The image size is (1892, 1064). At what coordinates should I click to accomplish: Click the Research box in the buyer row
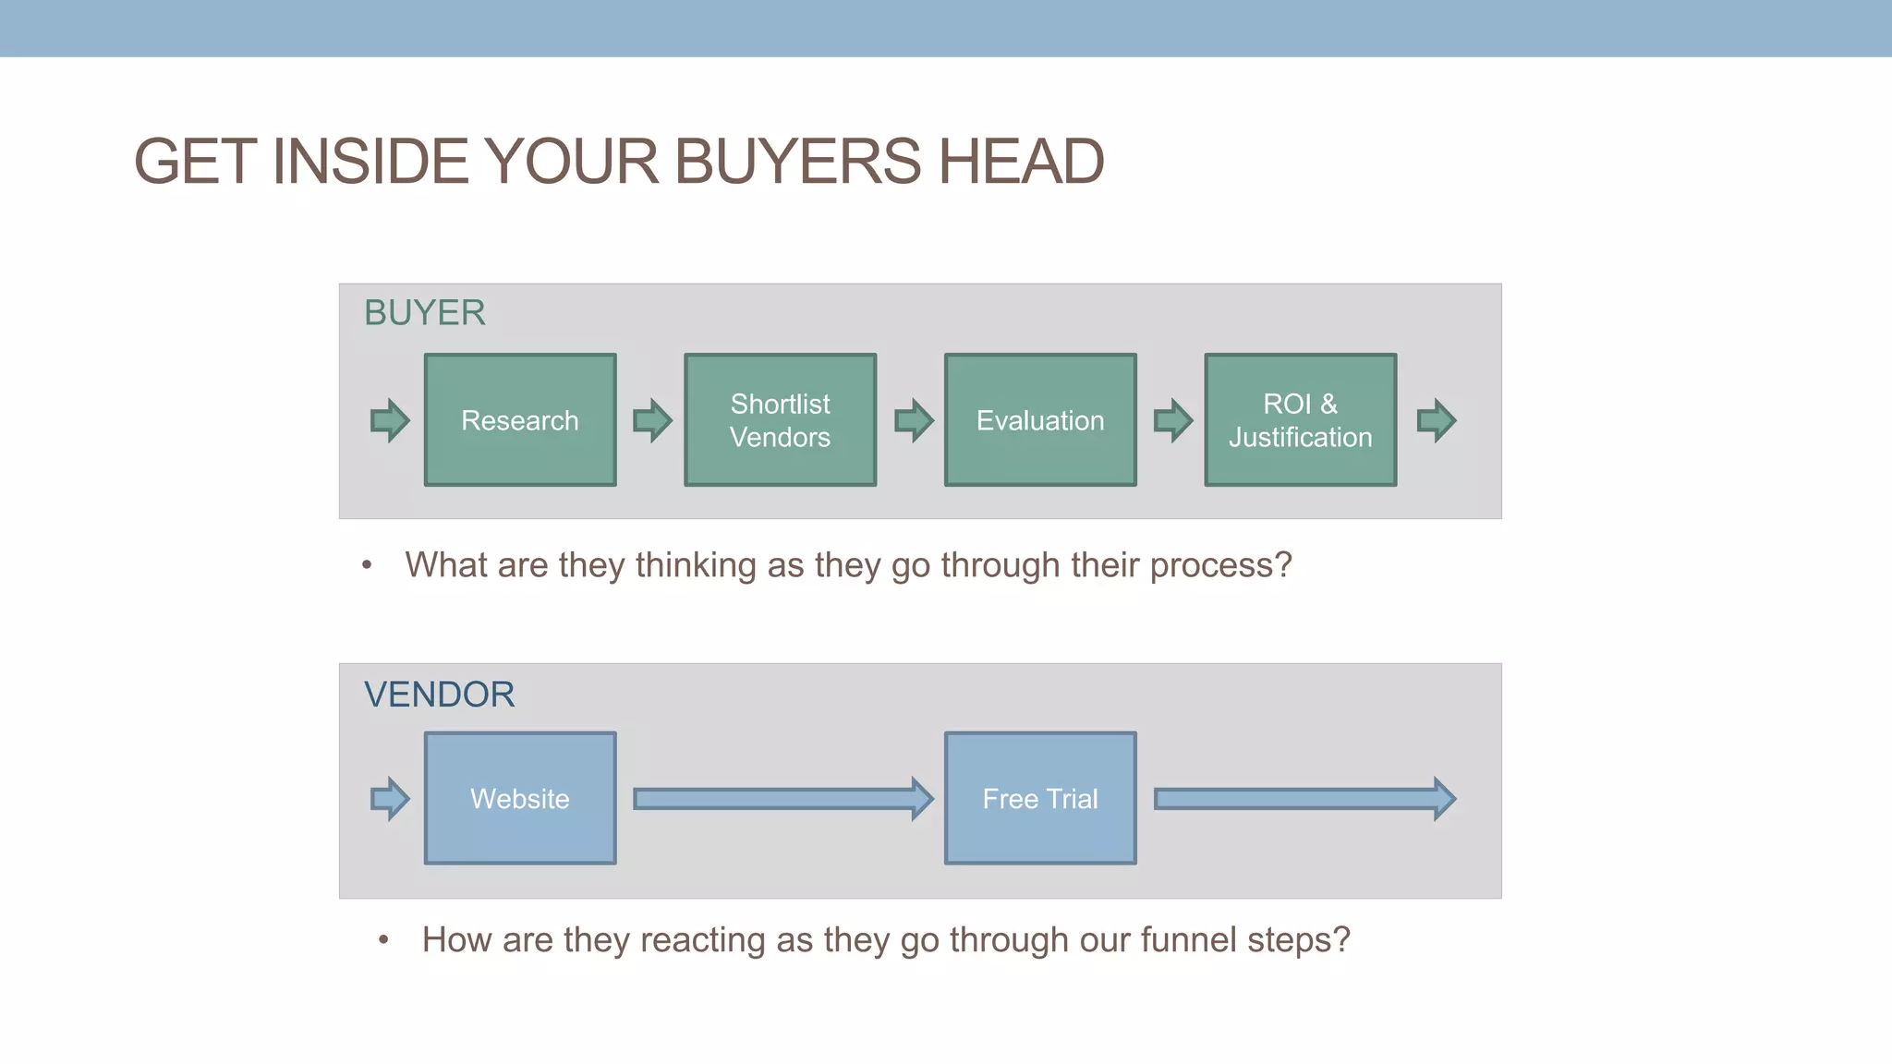click(x=520, y=420)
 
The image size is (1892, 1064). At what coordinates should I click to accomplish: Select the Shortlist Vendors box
click(x=780, y=420)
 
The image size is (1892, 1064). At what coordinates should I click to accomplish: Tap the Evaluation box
click(x=1040, y=420)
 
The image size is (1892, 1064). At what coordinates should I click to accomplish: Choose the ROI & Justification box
click(x=1300, y=420)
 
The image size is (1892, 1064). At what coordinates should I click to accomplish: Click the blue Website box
click(x=520, y=799)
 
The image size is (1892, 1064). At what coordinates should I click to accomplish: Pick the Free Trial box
click(x=1040, y=799)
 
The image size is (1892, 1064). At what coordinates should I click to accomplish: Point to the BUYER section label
click(x=425, y=313)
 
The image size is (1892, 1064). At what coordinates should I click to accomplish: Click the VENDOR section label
click(x=439, y=695)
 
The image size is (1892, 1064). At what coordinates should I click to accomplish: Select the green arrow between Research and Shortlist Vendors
click(x=652, y=420)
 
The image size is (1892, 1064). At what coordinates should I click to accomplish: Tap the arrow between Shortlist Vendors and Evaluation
click(x=914, y=420)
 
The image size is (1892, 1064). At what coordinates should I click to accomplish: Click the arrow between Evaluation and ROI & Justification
click(x=1173, y=420)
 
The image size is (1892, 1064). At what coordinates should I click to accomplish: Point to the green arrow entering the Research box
click(x=390, y=420)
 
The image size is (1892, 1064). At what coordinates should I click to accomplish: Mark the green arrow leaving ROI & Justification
click(x=1437, y=420)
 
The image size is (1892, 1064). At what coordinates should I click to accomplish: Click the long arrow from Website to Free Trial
click(x=782, y=799)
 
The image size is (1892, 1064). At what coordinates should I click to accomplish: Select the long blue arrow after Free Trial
click(x=1304, y=799)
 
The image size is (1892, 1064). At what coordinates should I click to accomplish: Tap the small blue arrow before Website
click(x=390, y=799)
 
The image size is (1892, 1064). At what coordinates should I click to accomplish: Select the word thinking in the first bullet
click(x=696, y=565)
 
